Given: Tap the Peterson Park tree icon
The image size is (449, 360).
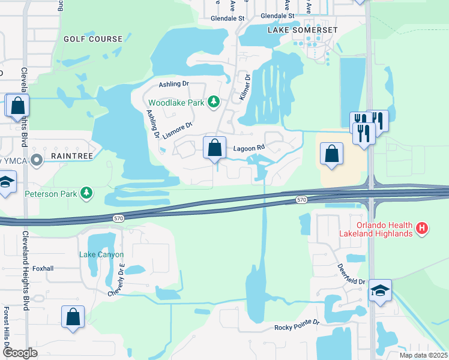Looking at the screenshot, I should pos(88,193).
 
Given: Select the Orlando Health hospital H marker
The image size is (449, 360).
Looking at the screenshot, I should pos(423,228).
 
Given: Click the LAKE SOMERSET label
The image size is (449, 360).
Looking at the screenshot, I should pos(303,29).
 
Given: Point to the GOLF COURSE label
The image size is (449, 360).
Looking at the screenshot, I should pos(93,39).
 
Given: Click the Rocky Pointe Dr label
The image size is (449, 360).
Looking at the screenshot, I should pos(297,328).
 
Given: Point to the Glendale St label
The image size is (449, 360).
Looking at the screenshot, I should pos(228,18).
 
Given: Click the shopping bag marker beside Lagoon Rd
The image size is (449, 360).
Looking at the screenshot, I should pos(214,148).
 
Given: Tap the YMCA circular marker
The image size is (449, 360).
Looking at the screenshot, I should pos(37,160).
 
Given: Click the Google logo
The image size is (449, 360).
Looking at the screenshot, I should pos(20,353).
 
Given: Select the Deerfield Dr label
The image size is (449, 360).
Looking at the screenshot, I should pos(351,273).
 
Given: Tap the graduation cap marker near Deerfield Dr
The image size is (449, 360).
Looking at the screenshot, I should pos(379,291).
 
